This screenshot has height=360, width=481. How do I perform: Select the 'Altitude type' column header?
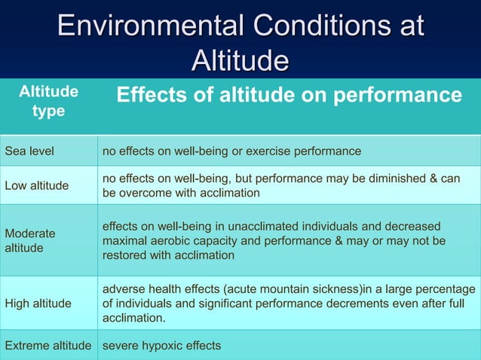coord(48,102)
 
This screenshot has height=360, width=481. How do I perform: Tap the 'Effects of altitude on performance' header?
coord(289,95)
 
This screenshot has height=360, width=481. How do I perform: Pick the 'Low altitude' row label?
coord(37,185)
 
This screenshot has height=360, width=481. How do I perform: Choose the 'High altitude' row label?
coord(39,304)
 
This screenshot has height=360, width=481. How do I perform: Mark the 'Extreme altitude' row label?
coord(48,346)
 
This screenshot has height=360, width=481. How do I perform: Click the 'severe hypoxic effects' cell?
coord(161,346)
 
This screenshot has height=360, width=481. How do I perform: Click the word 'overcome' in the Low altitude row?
coord(144,192)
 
